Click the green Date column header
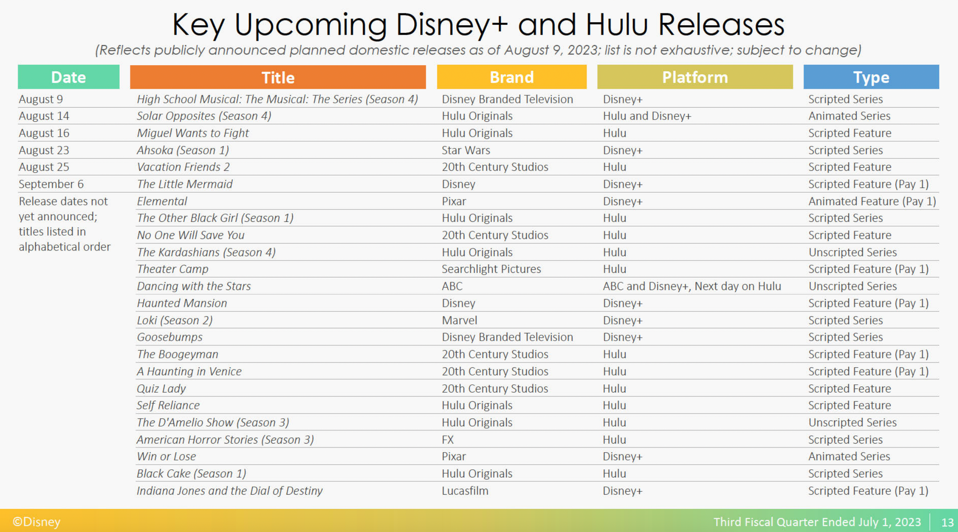pos(69,77)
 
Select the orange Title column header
pos(278,77)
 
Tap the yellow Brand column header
pos(512,77)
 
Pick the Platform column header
pos(695,77)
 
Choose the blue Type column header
pos(871,77)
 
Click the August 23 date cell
pos(44,150)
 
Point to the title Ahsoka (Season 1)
pos(183,150)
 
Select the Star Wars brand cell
pos(466,150)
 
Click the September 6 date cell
pos(51,184)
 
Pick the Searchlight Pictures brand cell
pos(491,269)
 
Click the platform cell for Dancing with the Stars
pos(692,286)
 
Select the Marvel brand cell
pos(459,320)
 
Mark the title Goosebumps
pos(169,337)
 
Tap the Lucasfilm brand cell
pos(465,490)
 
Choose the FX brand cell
pos(448,439)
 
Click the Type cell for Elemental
pos(872,201)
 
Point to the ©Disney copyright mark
pos(36,522)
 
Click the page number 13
pos(947,522)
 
